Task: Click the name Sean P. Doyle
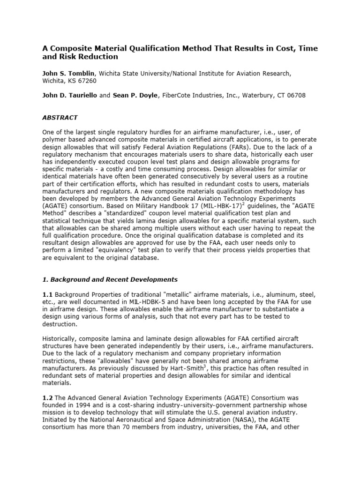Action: click(135, 95)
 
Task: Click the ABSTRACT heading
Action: click(60, 118)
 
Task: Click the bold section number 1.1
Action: click(47, 294)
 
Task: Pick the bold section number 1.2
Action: click(47, 398)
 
